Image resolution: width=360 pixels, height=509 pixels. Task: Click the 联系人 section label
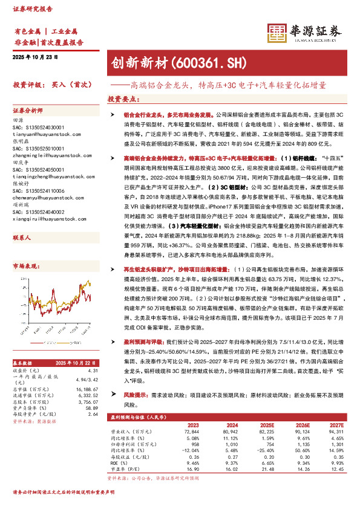click(22, 221)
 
